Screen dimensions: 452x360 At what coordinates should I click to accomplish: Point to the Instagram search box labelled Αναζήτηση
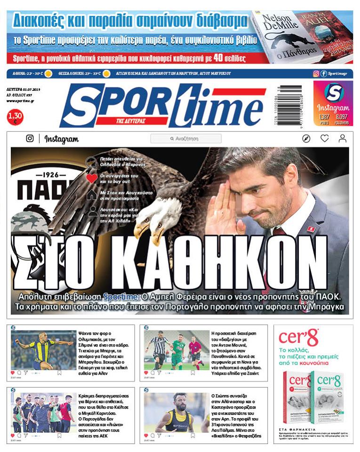pos(186,139)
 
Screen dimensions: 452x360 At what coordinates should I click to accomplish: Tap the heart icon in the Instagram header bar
pos(325,139)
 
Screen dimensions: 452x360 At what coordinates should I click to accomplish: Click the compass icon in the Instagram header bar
pos(306,139)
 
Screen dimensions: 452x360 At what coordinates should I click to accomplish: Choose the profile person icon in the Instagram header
pos(342,139)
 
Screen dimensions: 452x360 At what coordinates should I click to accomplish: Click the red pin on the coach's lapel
pos(311,229)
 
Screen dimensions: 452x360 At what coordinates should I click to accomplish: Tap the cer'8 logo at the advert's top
pos(298,338)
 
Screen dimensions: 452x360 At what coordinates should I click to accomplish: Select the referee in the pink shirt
pos(194,352)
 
